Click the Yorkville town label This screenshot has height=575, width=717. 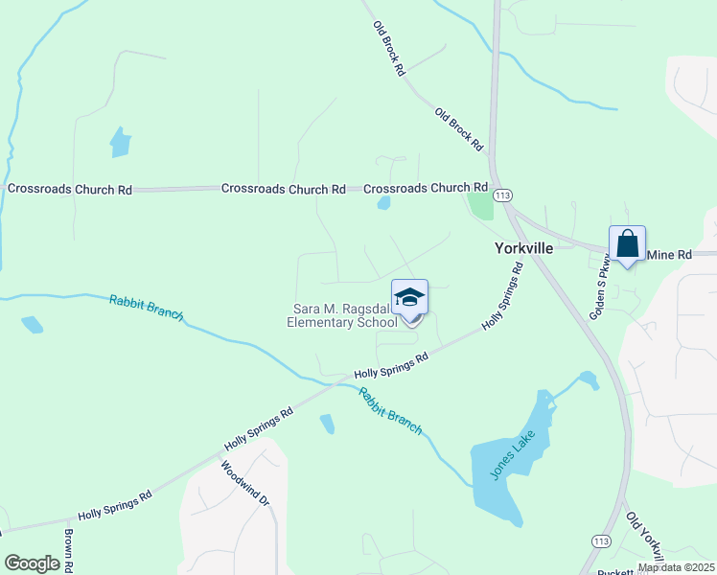523,247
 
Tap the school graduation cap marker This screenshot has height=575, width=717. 409,298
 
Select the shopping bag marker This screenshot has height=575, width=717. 627,244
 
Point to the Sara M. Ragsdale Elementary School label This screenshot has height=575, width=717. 343,315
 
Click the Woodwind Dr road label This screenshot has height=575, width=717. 234,485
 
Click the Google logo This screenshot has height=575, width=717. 32,563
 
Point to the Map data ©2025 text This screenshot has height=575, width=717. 676,567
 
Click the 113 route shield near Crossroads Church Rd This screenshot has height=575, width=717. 501,195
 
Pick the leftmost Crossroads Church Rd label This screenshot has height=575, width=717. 70,190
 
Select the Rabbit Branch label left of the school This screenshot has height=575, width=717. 146,309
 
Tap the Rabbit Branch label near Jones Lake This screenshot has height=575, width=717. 390,411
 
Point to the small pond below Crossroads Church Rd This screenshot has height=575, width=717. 383,203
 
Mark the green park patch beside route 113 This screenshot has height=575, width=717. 480,206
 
